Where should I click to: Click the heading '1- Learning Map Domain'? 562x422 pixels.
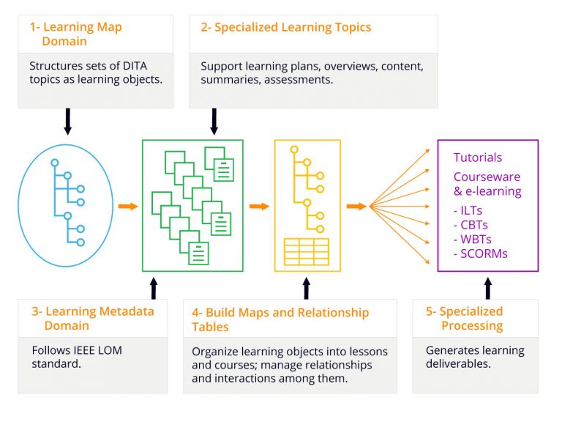(75, 34)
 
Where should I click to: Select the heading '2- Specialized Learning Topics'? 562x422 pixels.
(285, 27)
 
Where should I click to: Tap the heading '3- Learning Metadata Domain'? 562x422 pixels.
(93, 318)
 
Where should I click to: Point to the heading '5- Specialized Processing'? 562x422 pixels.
(465, 318)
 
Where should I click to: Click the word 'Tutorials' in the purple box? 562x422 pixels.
(477, 158)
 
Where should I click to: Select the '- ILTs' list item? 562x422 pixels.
(468, 210)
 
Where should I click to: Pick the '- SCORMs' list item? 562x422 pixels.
(480, 253)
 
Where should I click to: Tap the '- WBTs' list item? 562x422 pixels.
(473, 240)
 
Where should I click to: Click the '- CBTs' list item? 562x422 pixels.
(471, 225)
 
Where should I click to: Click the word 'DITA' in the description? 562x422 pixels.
(135, 66)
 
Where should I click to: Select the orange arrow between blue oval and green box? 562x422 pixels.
(128, 206)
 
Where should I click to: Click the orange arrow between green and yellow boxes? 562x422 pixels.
(260, 206)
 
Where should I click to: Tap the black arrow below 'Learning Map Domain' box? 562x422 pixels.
(68, 122)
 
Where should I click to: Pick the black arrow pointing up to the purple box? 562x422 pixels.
(488, 288)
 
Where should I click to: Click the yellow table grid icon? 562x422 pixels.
(307, 252)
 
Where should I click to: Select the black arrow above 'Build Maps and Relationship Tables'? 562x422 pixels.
(307, 288)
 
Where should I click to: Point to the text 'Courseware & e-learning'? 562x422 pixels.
(487, 184)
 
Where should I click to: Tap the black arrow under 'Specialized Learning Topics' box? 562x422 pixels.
(214, 122)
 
